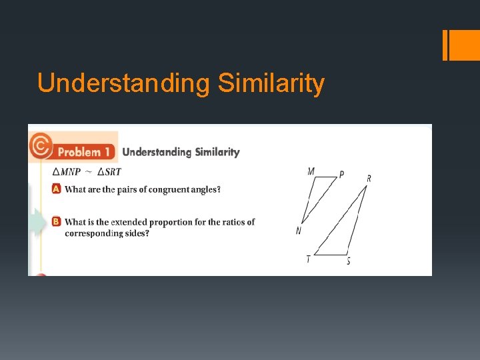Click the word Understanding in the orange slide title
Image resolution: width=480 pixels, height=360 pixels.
(123, 84)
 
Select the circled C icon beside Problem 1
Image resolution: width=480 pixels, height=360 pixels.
(41, 145)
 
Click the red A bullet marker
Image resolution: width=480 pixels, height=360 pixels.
(57, 189)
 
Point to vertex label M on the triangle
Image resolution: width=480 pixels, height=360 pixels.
(311, 171)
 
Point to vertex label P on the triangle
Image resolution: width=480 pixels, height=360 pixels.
(341, 175)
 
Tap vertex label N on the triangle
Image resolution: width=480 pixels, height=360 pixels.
(299, 231)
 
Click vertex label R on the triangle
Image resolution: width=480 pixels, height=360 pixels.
(369, 178)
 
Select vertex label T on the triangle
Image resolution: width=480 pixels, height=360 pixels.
(308, 259)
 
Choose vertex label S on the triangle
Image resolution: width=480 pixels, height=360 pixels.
(348, 261)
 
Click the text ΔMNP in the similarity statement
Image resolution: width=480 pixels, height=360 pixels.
(65, 171)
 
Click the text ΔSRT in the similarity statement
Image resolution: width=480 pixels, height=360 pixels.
(109, 171)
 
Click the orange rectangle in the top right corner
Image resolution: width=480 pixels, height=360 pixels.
(459, 45)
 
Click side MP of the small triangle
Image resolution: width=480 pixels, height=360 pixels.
(326, 177)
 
